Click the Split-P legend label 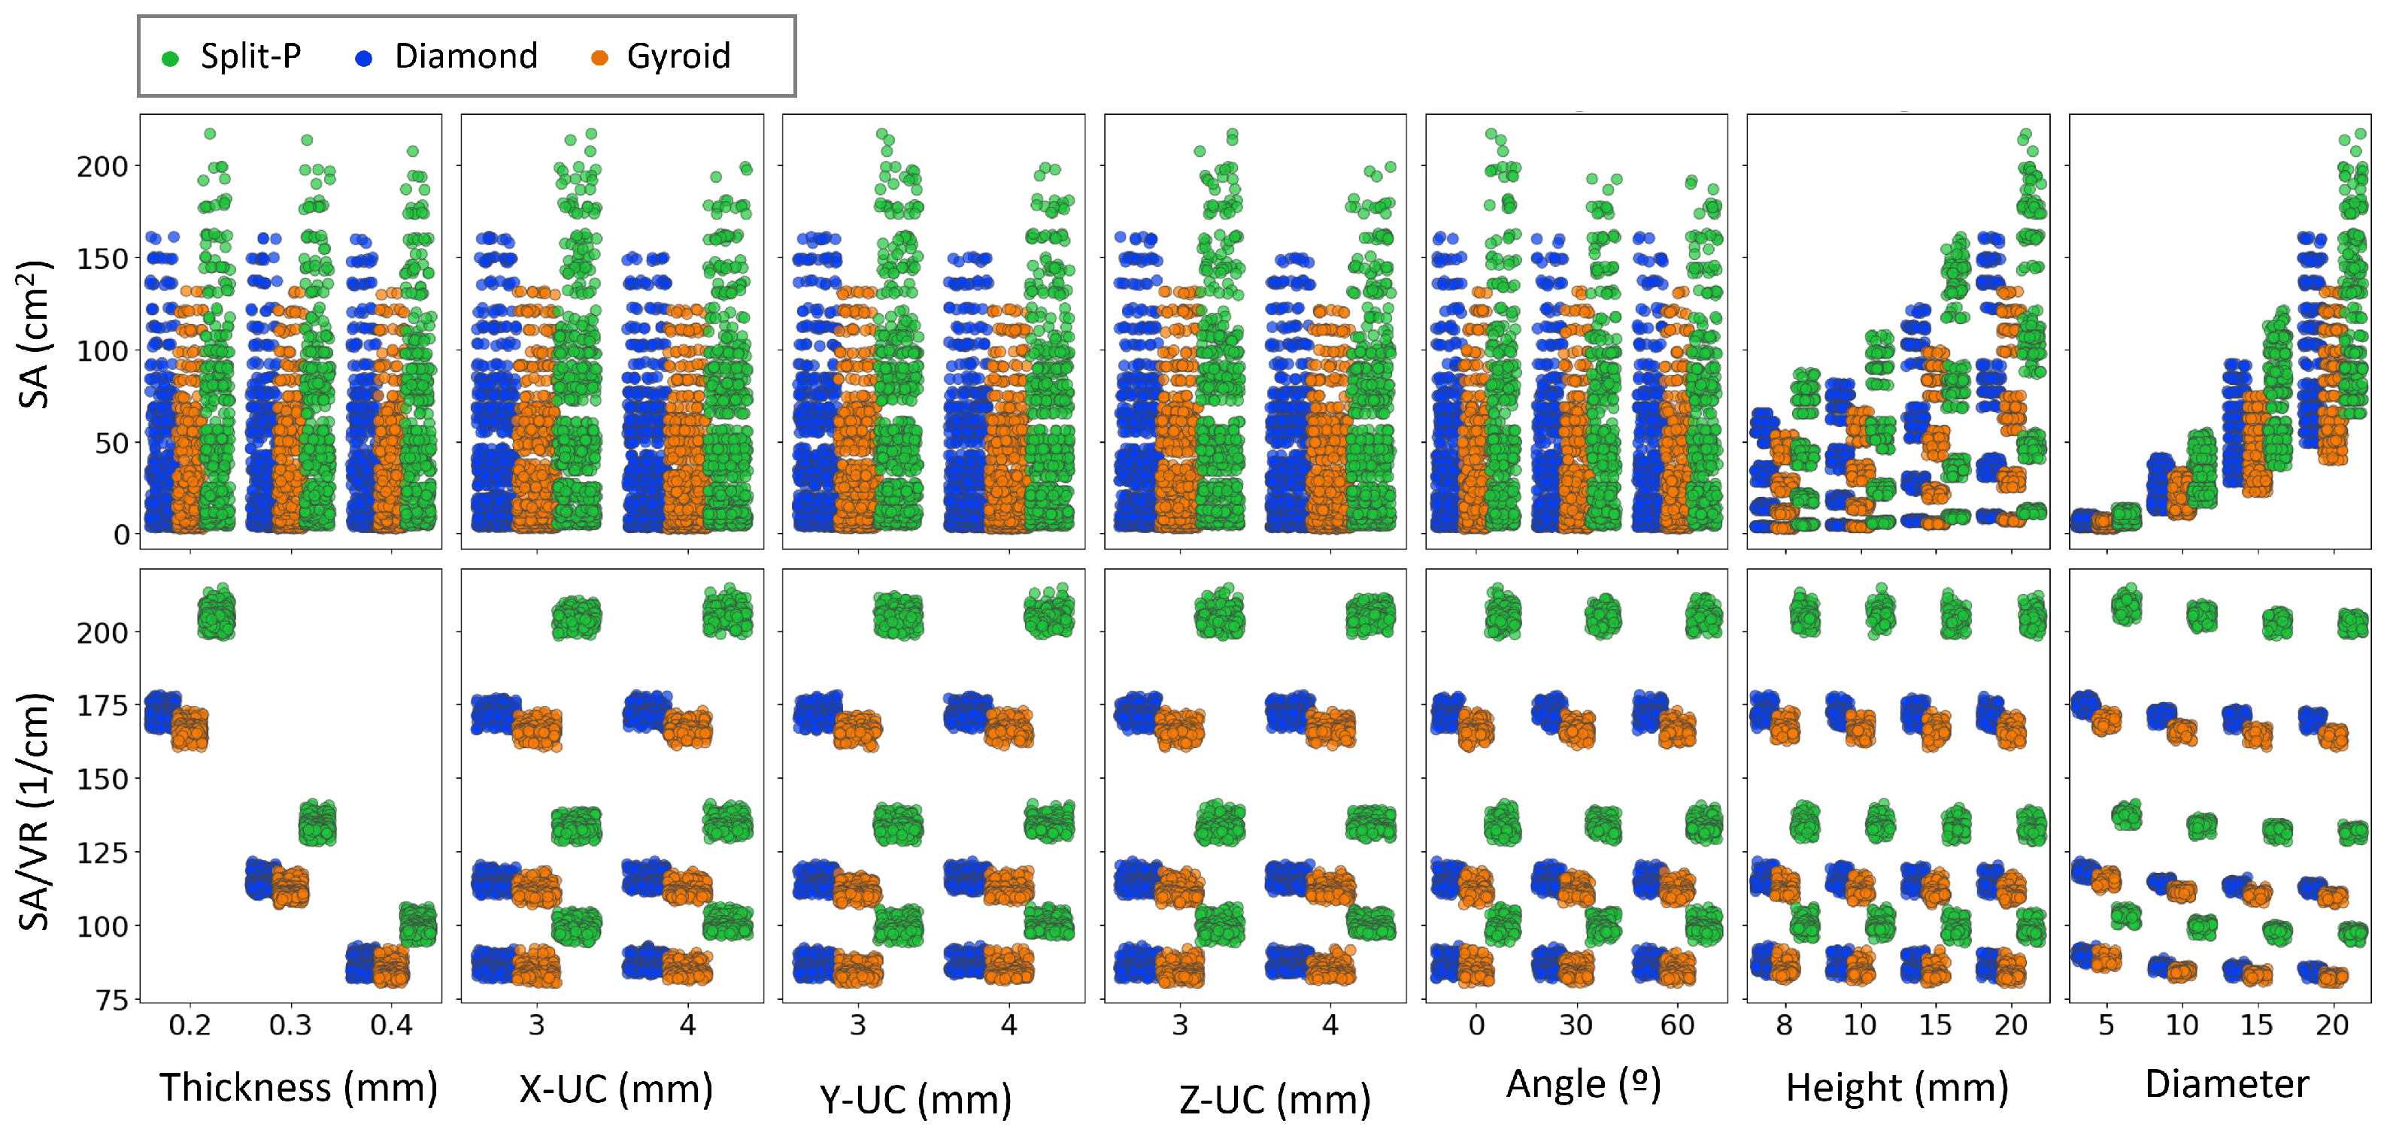tap(250, 56)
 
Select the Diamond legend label tap(466, 56)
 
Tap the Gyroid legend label tap(678, 56)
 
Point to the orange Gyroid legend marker tap(599, 59)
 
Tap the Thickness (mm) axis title tap(299, 1087)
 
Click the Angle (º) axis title tap(1584, 1084)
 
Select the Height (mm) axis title tap(1897, 1087)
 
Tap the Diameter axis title tap(2226, 1084)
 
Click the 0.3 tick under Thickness tap(290, 1025)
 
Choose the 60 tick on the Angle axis tap(1677, 1025)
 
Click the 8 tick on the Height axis tap(1785, 1025)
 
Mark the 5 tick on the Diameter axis tap(2106, 1025)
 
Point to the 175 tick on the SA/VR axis tap(102, 706)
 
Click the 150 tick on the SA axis tap(102, 259)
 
